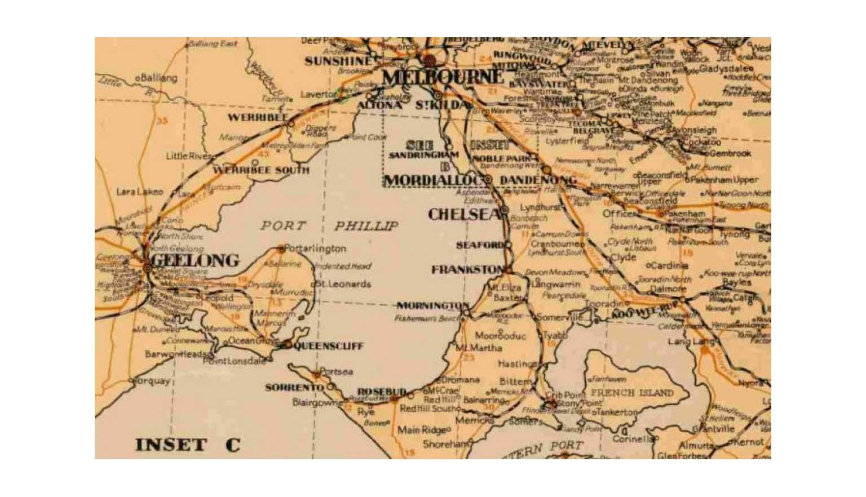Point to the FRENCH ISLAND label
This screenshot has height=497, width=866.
click(631, 392)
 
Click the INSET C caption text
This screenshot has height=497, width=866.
click(187, 445)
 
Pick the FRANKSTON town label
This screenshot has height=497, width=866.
click(466, 270)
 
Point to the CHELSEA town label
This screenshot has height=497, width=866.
click(464, 214)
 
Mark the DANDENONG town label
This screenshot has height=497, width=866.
click(538, 180)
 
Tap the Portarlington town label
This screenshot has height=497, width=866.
click(316, 248)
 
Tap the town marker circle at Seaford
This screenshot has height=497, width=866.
click(508, 246)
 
